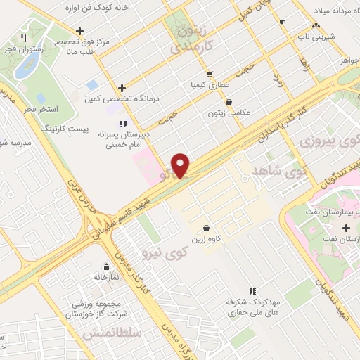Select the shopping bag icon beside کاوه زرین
(205, 228)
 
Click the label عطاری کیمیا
(209, 85)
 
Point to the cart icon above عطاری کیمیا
(209, 74)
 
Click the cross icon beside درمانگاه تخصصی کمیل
(122, 89)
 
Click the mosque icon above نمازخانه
(107, 267)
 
